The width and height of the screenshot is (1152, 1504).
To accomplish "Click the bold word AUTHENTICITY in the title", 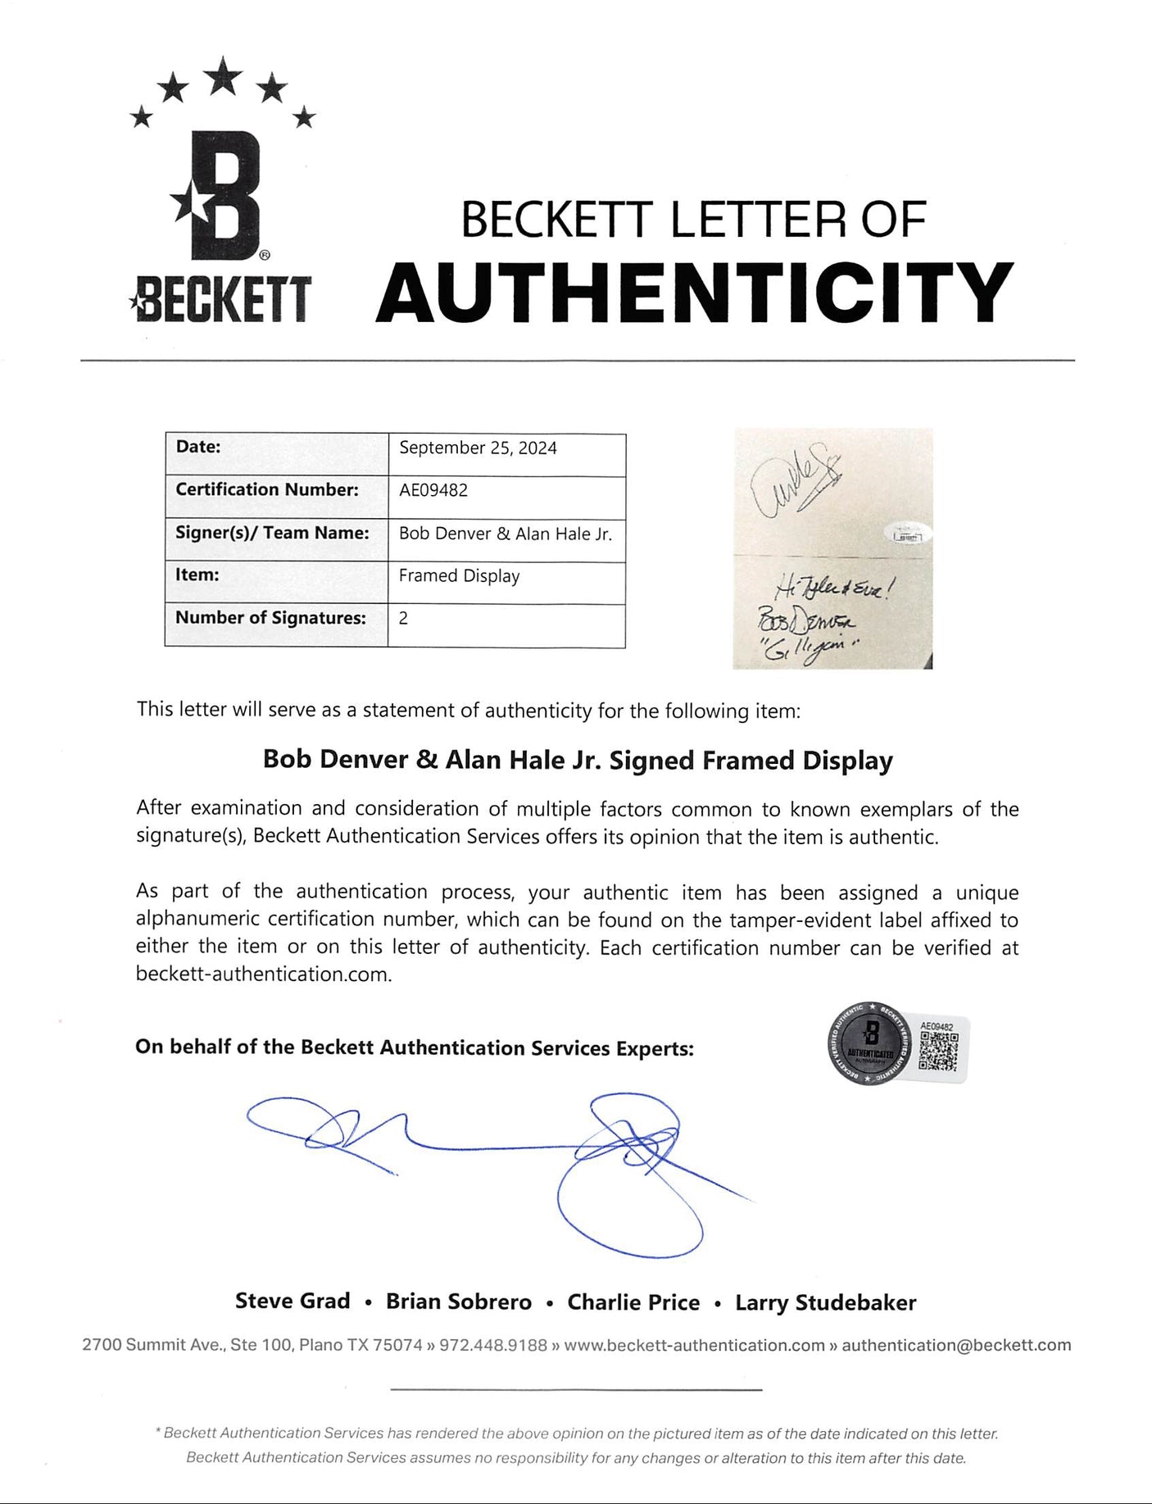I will point(695,293).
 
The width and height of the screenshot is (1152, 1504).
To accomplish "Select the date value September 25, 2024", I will point(478,448).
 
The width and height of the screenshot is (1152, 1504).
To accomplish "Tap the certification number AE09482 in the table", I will point(433,490).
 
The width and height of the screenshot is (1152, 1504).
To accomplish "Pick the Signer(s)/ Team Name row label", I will point(272,533).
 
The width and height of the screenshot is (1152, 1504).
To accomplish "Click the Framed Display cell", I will point(459,575).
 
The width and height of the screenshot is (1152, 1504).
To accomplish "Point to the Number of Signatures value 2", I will point(403,618).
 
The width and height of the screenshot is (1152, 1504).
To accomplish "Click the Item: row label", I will point(197,575).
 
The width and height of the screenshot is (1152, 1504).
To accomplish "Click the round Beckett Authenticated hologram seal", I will point(870,1043).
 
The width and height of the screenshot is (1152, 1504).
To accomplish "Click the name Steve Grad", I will point(293,1301).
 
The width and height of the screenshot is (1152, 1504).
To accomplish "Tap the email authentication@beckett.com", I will point(956,1345).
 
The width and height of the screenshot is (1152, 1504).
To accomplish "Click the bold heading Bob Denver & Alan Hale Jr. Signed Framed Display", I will point(578,760).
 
